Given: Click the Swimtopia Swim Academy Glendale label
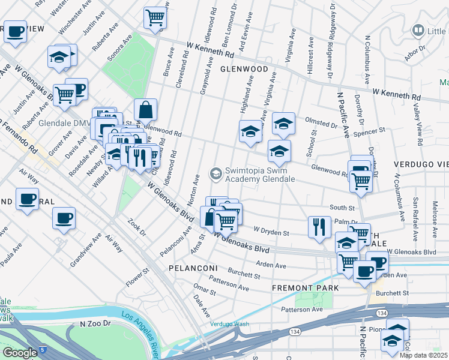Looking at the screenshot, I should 260,174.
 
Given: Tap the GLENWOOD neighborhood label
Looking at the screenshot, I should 244,69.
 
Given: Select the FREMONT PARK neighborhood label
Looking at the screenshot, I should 305,288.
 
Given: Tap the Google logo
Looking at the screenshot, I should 20,353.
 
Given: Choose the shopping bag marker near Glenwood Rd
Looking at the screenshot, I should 145,110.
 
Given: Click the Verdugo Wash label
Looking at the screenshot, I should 229,324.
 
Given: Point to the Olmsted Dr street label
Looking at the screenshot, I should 322,125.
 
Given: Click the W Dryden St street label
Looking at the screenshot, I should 271,230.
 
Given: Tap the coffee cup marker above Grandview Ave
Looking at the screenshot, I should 64,218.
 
